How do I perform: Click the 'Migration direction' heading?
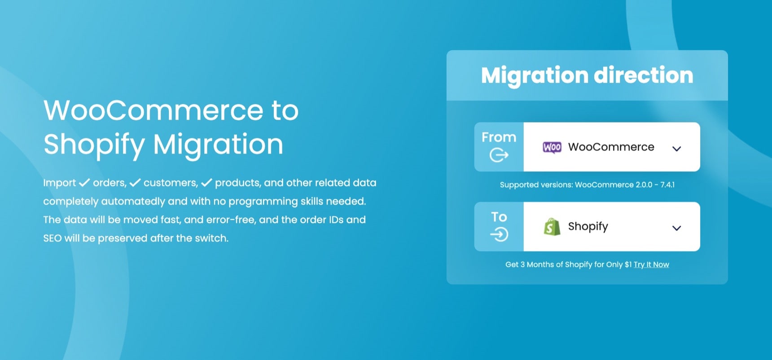pyautogui.click(x=587, y=75)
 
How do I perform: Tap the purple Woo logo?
pyautogui.click(x=552, y=147)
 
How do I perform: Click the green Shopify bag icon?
pyautogui.click(x=552, y=227)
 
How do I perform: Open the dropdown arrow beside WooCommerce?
pyautogui.click(x=676, y=149)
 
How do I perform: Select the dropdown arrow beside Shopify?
pyautogui.click(x=676, y=228)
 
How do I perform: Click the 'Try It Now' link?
pyautogui.click(x=651, y=265)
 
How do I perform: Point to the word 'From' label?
pyautogui.click(x=499, y=137)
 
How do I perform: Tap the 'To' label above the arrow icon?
pyautogui.click(x=499, y=217)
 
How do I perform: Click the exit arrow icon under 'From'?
pyautogui.click(x=499, y=155)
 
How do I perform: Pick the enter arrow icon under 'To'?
pyautogui.click(x=499, y=234)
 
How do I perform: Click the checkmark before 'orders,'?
pyautogui.click(x=84, y=183)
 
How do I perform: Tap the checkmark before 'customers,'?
pyautogui.click(x=135, y=183)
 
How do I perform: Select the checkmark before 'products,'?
pyautogui.click(x=206, y=183)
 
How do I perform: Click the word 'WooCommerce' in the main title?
pyautogui.click(x=154, y=110)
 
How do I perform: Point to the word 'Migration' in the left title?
pyautogui.click(x=218, y=145)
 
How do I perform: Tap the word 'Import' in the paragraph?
pyautogui.click(x=60, y=183)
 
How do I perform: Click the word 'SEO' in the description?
pyautogui.click(x=53, y=238)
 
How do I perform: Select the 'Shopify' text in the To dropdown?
pyautogui.click(x=588, y=227)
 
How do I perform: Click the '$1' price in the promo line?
pyautogui.click(x=628, y=264)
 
